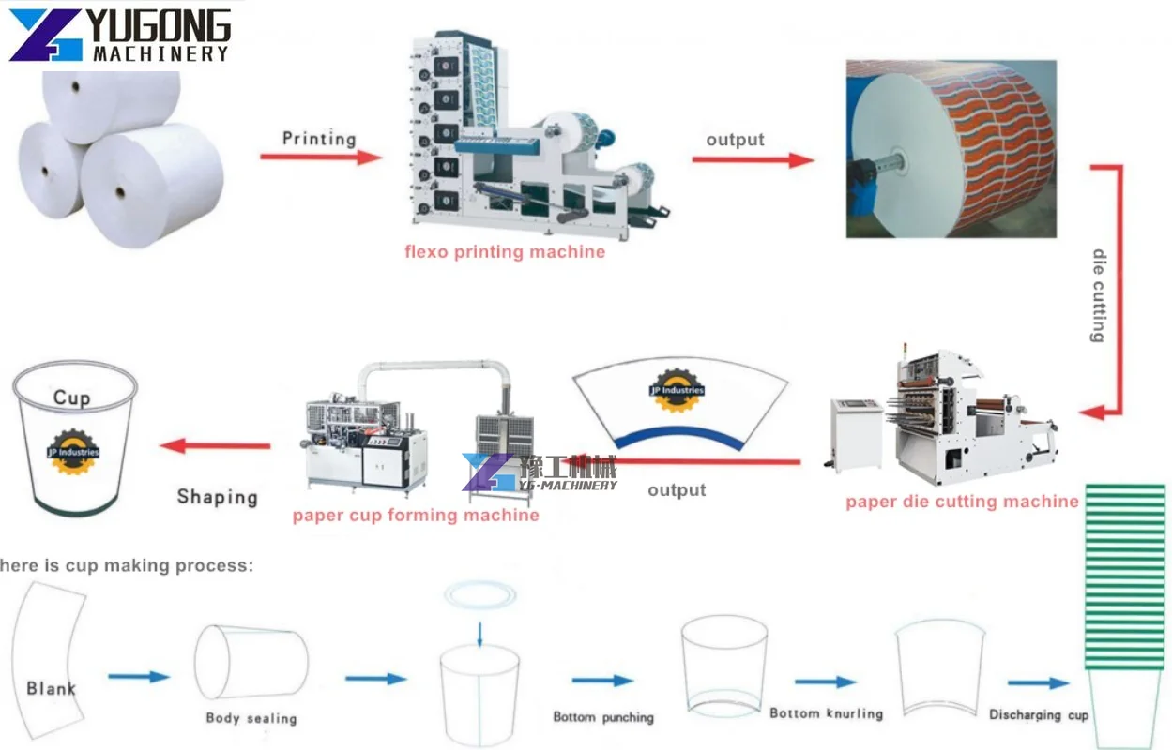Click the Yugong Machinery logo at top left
(x=119, y=35)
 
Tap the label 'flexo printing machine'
(x=505, y=251)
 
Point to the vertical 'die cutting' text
(x=1099, y=294)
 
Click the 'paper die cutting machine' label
(x=962, y=502)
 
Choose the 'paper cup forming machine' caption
(x=416, y=515)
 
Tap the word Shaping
(x=217, y=496)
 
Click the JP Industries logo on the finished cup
(x=72, y=451)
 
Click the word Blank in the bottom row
(x=51, y=688)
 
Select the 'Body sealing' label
(x=251, y=718)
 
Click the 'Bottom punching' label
(x=602, y=717)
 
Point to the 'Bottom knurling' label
(x=826, y=713)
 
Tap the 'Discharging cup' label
(x=1039, y=714)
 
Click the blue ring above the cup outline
(x=479, y=593)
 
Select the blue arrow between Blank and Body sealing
(x=138, y=676)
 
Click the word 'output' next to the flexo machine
(x=735, y=140)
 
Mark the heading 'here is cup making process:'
(x=127, y=565)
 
